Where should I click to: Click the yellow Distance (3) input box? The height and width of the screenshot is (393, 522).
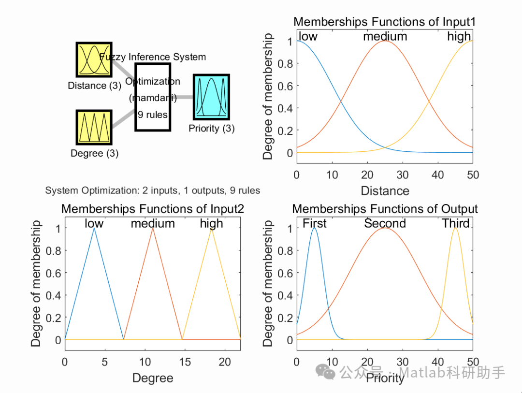coord(94,59)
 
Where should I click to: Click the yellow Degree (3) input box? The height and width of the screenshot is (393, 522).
coord(94,127)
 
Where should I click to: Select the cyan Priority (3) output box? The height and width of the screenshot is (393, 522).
coord(211,97)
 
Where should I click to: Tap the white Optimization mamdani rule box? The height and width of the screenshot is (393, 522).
coord(153,97)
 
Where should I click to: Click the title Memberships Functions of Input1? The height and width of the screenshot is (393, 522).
coord(385,22)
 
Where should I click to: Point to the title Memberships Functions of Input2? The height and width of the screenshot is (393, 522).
coord(152,209)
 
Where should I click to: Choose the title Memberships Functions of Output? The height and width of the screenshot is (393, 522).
coord(385,209)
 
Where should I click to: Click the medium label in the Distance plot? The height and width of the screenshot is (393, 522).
coord(385,36)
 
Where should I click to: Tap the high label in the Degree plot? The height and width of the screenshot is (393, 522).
coord(212,223)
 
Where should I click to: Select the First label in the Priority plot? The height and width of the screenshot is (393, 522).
coord(315,223)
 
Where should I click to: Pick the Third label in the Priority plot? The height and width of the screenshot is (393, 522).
coord(456,223)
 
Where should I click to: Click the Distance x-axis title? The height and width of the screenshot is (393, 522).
coord(385,190)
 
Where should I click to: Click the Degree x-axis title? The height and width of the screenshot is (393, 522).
coord(152,378)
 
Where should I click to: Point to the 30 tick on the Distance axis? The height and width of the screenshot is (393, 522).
coord(403,175)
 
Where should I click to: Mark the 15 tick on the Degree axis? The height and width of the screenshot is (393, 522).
coord(185,362)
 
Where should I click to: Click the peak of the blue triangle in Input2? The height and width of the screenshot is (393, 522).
coord(94,228)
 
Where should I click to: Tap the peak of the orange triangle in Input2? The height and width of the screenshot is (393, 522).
coord(153,228)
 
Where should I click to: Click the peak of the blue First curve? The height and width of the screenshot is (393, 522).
coord(315,228)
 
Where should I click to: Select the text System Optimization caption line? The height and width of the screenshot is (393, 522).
coord(152,190)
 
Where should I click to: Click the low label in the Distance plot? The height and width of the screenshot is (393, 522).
coord(308,36)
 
